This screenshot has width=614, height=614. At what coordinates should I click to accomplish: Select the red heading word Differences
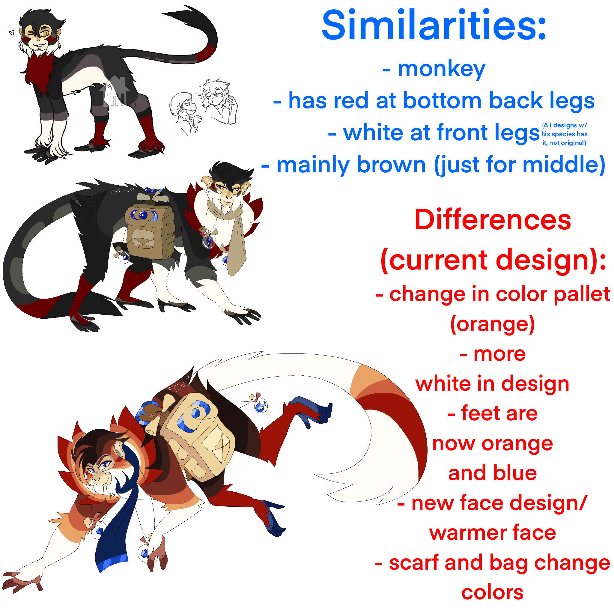[x=493, y=220]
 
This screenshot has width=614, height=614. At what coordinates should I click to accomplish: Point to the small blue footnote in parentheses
[x=564, y=134]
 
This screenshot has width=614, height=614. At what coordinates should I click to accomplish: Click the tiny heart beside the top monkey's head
[x=12, y=32]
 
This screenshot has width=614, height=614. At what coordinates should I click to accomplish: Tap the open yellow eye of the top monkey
[x=46, y=33]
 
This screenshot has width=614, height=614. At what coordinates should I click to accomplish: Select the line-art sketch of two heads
[x=203, y=106]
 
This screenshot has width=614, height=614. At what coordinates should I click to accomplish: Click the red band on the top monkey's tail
[x=207, y=53]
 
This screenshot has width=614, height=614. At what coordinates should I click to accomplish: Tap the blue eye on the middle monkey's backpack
[x=144, y=216]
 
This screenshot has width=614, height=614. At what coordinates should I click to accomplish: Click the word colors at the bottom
[x=492, y=593]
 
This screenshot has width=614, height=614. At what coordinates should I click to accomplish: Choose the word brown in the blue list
[x=391, y=165]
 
